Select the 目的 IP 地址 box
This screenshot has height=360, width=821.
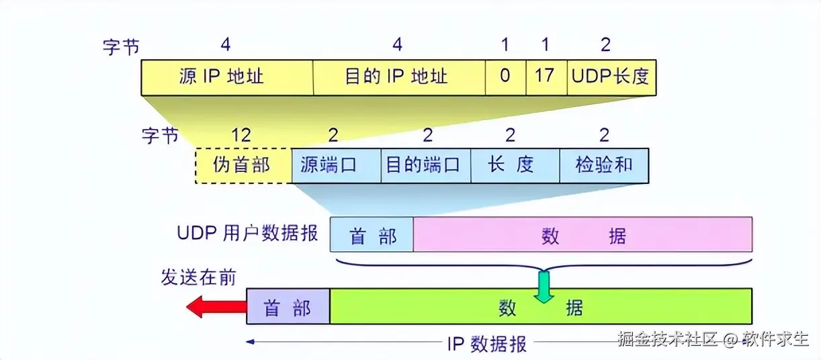point(399,77)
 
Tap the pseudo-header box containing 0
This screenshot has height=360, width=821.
point(505,77)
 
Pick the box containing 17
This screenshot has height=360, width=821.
point(546,77)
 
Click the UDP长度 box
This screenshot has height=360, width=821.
point(611,77)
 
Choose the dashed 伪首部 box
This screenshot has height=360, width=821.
point(243,165)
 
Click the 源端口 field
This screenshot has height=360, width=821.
point(337,165)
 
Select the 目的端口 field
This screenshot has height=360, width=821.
point(426,165)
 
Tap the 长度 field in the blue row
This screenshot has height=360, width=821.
point(515,165)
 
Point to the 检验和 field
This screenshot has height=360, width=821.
point(604,165)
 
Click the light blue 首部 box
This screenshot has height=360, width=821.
point(372,234)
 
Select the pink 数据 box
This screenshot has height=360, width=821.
point(582,234)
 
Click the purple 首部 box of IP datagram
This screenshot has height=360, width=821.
point(288,306)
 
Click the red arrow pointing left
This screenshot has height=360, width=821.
point(216,307)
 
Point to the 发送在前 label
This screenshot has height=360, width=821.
point(199,276)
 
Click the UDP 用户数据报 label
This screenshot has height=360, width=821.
point(248,234)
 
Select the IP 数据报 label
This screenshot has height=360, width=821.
point(487,344)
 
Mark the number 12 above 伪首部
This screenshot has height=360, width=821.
point(241,136)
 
